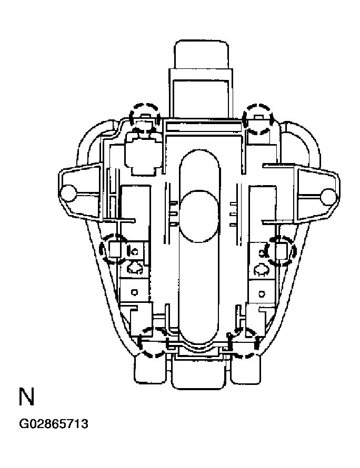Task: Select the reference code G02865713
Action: [x=53, y=424]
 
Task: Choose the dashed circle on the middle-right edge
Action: [x=282, y=250]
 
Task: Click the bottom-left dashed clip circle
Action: [x=153, y=342]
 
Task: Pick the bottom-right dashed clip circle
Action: [x=244, y=343]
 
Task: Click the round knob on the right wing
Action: [x=328, y=196]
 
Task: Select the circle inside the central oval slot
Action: [x=199, y=216]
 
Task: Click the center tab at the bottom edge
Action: [x=199, y=372]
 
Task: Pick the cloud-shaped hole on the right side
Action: [x=260, y=270]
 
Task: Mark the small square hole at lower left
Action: [x=135, y=292]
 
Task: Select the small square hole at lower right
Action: [x=260, y=292]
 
